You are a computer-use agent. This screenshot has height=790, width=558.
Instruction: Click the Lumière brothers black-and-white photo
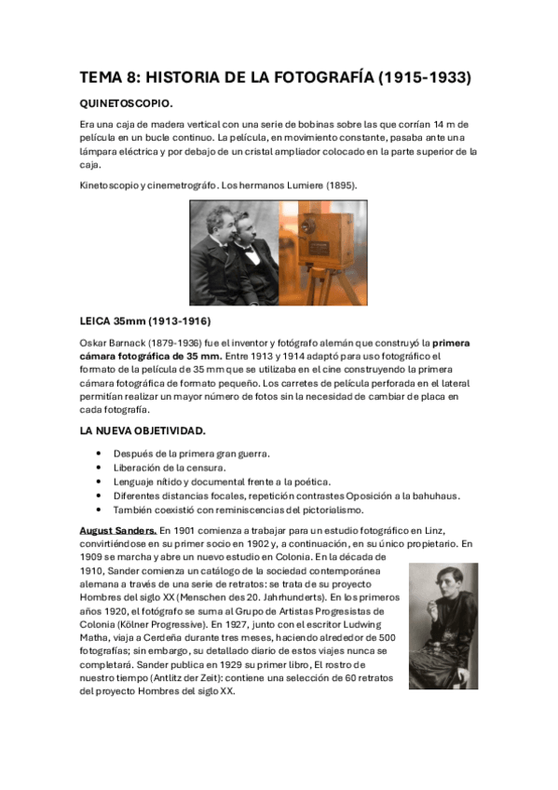(x=234, y=252)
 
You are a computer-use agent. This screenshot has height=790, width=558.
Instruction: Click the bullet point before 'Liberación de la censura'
(x=100, y=468)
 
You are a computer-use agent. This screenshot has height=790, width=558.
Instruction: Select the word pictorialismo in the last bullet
(x=328, y=510)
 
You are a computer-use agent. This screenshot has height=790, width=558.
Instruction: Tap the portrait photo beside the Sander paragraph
(x=442, y=626)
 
